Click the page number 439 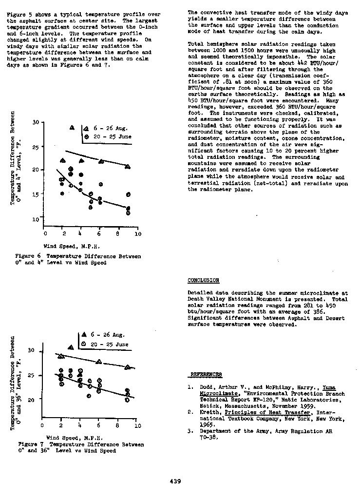(x=175, y=481)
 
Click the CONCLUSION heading (x=203, y=280)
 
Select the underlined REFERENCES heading (x=206, y=374)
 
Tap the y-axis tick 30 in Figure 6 (x=36, y=122)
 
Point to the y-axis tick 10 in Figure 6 (x=36, y=220)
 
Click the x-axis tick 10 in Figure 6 (x=138, y=234)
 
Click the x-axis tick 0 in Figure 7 (x=42, y=425)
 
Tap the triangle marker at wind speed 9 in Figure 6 (x=128, y=167)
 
